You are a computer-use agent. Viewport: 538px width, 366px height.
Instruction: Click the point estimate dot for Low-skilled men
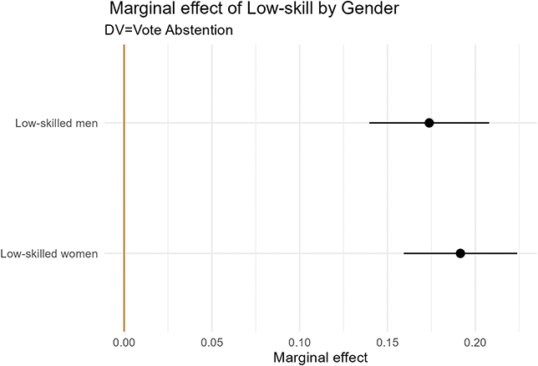click(x=429, y=123)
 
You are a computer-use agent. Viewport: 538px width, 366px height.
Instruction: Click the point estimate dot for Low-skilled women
click(x=460, y=252)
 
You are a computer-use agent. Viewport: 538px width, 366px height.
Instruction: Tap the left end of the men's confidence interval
click(x=369, y=123)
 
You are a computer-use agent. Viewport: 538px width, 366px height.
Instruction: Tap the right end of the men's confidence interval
click(x=489, y=123)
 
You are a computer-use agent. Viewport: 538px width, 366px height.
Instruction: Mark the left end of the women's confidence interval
click(x=403, y=252)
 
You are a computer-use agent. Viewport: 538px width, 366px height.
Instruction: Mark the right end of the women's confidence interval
click(x=517, y=252)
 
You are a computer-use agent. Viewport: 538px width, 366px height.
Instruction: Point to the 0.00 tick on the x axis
click(x=124, y=343)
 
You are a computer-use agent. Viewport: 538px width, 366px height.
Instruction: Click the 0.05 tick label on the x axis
click(x=211, y=343)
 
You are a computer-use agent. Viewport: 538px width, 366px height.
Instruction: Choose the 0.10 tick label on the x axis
click(x=299, y=343)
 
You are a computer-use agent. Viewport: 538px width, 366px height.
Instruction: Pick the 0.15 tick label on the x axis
click(x=387, y=343)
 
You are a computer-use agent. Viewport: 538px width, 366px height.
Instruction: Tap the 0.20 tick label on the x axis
click(x=475, y=343)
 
